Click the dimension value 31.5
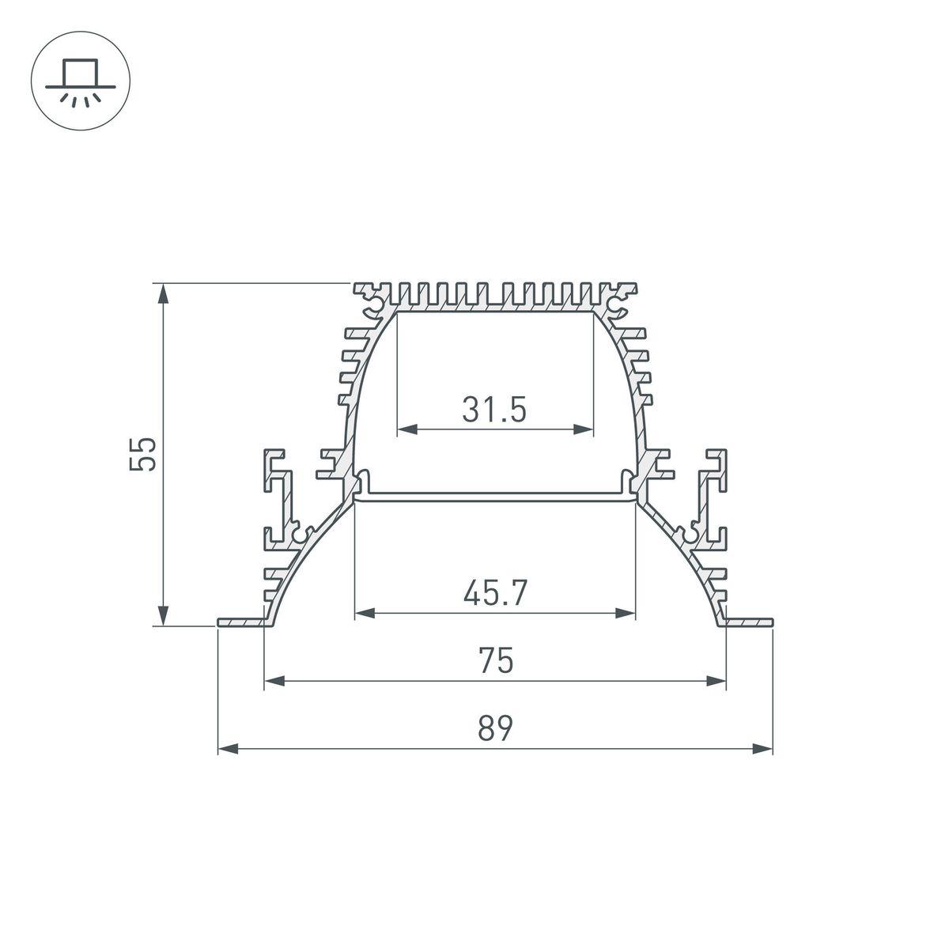pos(494,410)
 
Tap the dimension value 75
pos(495,660)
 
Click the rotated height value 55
pos(145,454)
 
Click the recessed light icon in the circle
pos(80,81)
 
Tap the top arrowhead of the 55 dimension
pos(163,293)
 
